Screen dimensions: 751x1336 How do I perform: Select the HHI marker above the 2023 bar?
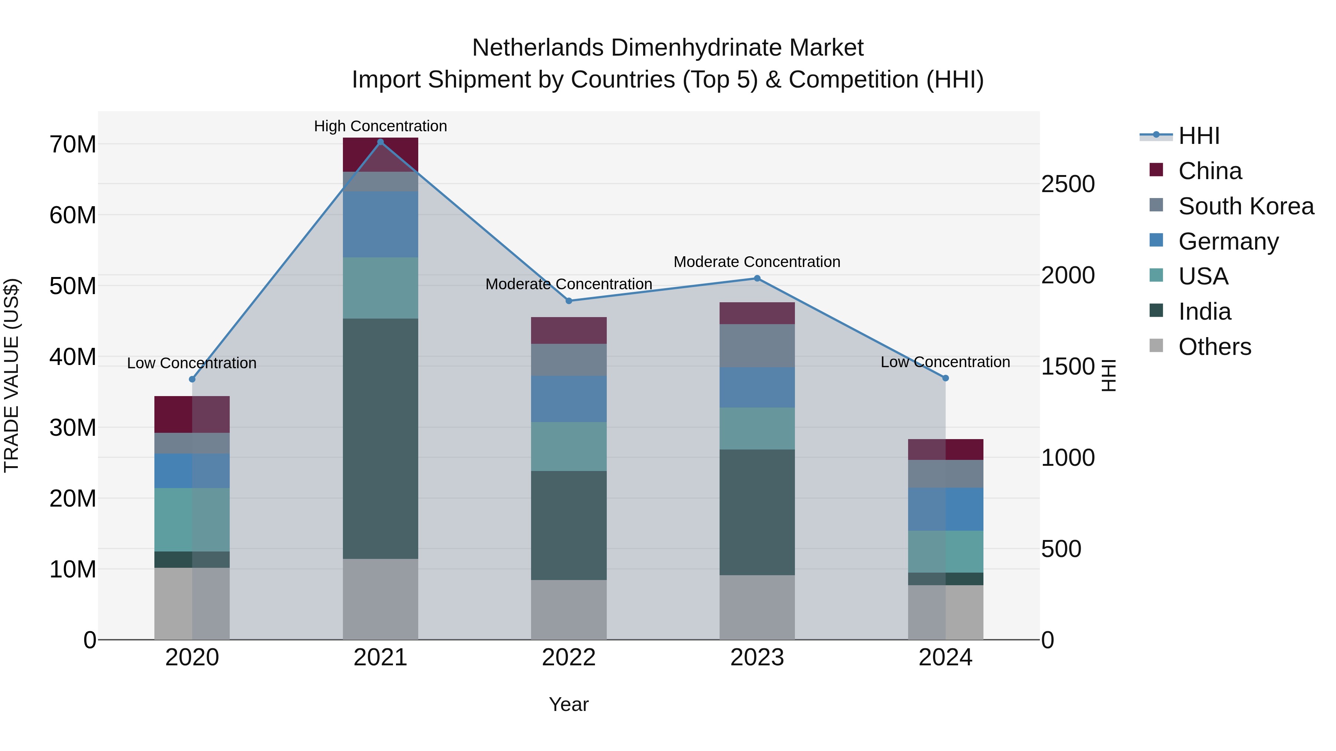(757, 278)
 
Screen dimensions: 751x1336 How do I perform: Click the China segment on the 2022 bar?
(569, 330)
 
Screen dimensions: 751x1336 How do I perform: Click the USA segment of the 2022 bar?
(569, 446)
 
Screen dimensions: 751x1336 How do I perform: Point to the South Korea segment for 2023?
(757, 346)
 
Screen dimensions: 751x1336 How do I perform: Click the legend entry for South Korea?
(1246, 206)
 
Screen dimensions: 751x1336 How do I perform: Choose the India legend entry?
(1204, 312)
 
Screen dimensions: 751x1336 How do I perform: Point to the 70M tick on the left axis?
(73, 145)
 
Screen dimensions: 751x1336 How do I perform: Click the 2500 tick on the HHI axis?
(1068, 184)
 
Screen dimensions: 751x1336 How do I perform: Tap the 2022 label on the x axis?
(569, 658)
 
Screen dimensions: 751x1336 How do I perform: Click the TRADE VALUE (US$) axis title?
(12, 375)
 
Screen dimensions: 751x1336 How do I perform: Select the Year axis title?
(569, 704)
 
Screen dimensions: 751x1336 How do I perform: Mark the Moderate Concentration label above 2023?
(757, 262)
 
